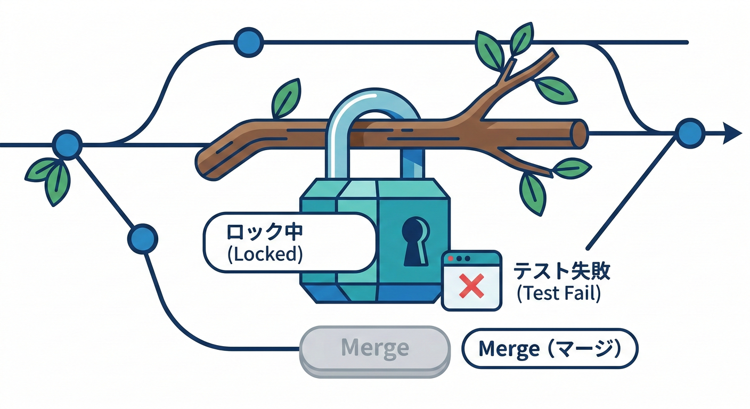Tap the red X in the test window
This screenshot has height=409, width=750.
pyautogui.click(x=471, y=285)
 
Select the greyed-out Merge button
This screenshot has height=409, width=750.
pyautogui.click(x=374, y=349)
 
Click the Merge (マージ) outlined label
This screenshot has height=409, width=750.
pyautogui.click(x=550, y=349)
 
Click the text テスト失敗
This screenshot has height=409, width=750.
pyautogui.click(x=561, y=271)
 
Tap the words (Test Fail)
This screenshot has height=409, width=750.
pyautogui.click(x=559, y=293)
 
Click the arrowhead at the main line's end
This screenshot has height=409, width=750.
pyautogui.click(x=732, y=133)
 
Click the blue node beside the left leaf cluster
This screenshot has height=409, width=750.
pyautogui.click(x=68, y=144)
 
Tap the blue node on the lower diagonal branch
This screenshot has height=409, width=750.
pyautogui.click(x=143, y=238)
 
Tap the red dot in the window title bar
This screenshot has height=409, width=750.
pyautogui.click(x=451, y=258)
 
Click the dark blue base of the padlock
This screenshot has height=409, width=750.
pyautogui.click(x=376, y=293)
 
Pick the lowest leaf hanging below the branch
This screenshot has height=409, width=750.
pyautogui.click(x=533, y=193)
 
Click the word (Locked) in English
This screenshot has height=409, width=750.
pyautogui.click(x=265, y=255)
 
